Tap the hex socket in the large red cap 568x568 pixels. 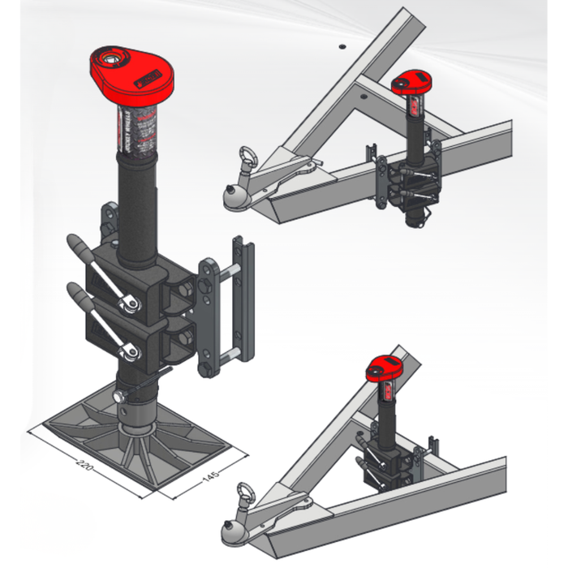[109, 58]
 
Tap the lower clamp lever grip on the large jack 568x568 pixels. [75, 291]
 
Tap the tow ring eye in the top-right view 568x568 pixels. [244, 153]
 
